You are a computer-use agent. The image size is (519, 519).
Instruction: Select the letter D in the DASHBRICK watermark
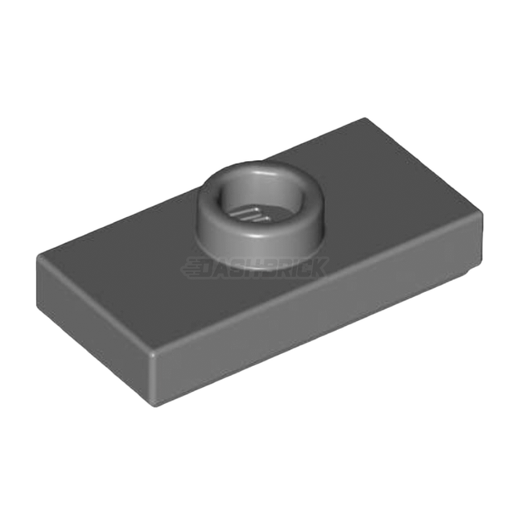[x=212, y=269]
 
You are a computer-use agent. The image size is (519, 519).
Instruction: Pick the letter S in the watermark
[x=239, y=269]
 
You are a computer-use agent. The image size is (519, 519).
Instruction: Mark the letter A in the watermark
[x=226, y=269]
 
